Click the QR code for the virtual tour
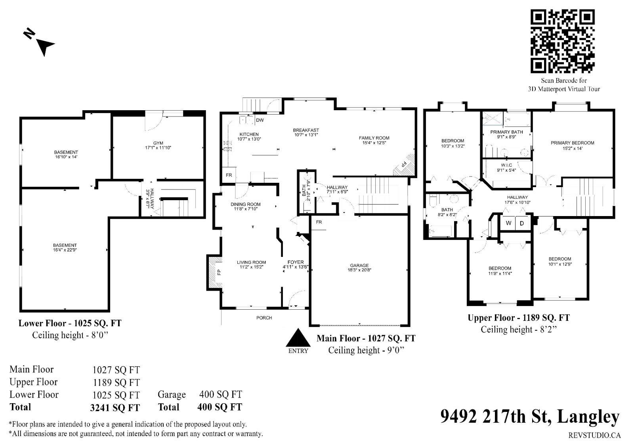tap(562, 41)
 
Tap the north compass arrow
tap(46, 46)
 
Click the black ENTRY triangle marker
tap(298, 337)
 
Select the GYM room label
tap(158, 143)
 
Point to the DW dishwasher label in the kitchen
tap(260, 120)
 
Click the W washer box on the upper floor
tap(508, 223)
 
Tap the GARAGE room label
tap(359, 265)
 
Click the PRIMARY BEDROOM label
tap(572, 143)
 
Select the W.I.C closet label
tap(506, 165)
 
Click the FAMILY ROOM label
tap(374, 138)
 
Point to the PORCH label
tap(264, 318)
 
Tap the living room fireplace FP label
tap(219, 272)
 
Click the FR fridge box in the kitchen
tap(229, 175)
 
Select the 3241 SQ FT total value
tap(115, 408)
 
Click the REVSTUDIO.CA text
tap(594, 435)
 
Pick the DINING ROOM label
tap(245, 204)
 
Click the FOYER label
tap(296, 262)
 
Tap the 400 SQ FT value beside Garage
tap(220, 394)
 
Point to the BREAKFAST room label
tap(306, 130)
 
